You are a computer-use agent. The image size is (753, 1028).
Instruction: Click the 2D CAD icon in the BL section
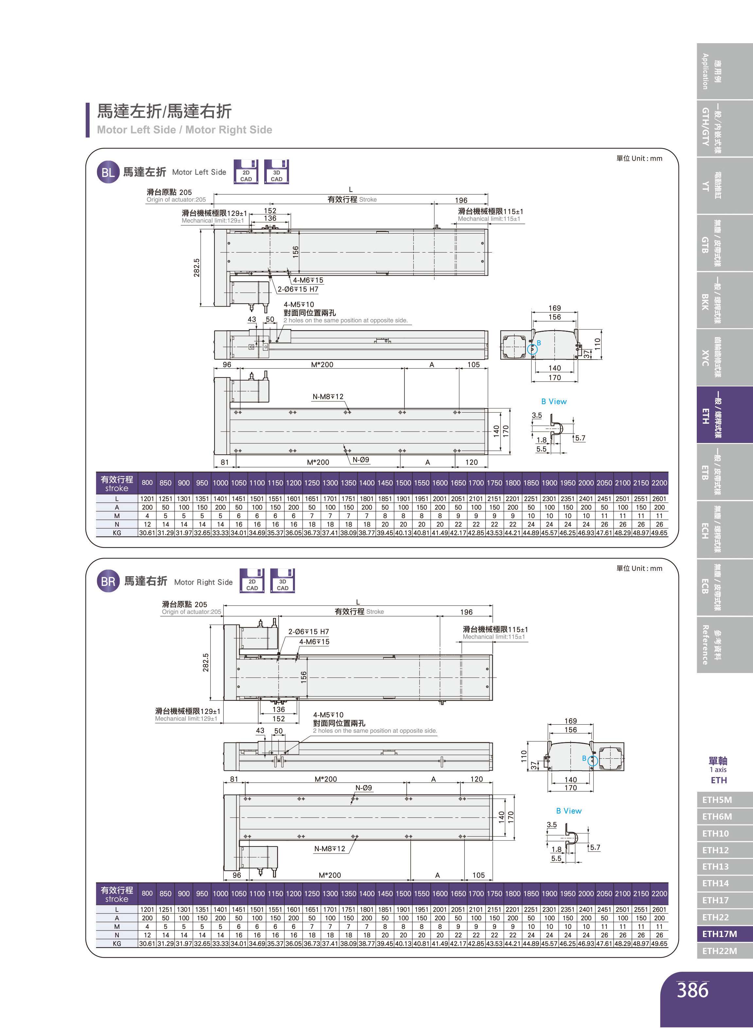[x=246, y=172]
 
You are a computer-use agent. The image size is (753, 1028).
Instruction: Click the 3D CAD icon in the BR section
[x=282, y=581]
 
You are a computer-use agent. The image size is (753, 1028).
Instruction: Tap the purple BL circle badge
[x=108, y=172]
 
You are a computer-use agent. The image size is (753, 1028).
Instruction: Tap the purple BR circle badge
[x=108, y=581]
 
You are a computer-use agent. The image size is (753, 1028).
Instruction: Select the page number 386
[x=693, y=990]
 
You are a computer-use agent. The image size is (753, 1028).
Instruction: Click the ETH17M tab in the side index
[x=719, y=933]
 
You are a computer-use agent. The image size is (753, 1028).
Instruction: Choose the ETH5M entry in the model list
[x=717, y=800]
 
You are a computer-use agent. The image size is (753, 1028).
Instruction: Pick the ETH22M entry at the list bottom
[x=719, y=951]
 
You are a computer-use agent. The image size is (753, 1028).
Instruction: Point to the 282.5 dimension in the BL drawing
[x=197, y=268]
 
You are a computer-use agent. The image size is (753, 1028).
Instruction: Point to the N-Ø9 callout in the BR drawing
[x=363, y=788]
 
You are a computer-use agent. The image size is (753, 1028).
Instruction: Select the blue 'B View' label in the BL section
[x=554, y=401]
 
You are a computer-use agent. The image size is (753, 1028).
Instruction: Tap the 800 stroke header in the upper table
[x=147, y=483]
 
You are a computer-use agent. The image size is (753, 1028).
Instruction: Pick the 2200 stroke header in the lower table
[x=659, y=894]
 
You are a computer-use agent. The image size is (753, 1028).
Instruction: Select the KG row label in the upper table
[x=117, y=533]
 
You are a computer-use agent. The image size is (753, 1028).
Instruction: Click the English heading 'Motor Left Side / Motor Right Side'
[x=184, y=130]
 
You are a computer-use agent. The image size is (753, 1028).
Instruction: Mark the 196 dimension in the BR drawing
[x=466, y=612]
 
